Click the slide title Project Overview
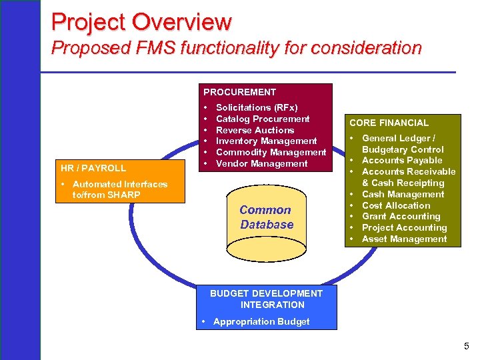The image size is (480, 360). coord(141,22)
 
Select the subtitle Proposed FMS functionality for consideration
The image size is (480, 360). coord(236,48)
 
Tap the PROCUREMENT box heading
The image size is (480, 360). coord(239,92)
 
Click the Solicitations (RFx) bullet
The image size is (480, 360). coord(257,107)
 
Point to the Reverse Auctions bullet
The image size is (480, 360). coord(255,130)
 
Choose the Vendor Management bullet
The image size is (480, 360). coord(261,163)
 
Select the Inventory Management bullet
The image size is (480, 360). coord(266,141)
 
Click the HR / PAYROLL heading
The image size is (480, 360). coord(93,168)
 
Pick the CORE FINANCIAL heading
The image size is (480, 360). coord(389,123)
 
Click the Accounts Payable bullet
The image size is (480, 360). coord(402,160)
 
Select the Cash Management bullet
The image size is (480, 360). coord(403,194)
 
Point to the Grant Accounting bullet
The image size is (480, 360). coord(401,216)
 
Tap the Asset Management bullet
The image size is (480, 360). coord(404,239)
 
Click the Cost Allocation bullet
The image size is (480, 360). coord(396,205)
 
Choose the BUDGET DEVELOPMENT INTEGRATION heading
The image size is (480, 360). coord(267,299)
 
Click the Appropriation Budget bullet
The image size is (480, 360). coord(261,321)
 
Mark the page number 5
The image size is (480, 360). coord(467,345)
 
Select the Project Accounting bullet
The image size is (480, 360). coord(404,227)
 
